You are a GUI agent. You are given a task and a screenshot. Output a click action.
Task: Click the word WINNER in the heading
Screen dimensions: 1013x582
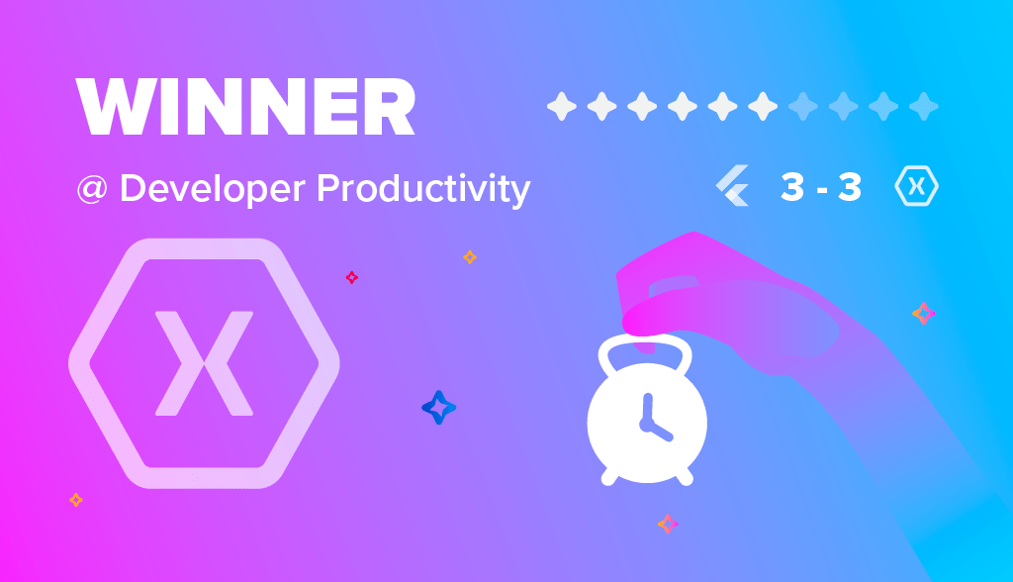(x=245, y=107)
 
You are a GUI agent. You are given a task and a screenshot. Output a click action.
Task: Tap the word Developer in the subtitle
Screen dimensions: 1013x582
(x=213, y=189)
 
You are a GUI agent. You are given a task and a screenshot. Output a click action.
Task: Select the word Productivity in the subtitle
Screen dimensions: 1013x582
(x=423, y=189)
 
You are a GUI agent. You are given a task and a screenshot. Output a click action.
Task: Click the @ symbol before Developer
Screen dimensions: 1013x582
(x=92, y=190)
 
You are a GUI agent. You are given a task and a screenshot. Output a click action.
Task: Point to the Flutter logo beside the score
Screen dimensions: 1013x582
(x=733, y=186)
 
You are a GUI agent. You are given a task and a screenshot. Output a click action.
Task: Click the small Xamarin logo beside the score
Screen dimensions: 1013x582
(x=917, y=186)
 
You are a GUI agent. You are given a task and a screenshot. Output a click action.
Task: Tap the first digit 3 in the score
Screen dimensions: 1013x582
(x=792, y=187)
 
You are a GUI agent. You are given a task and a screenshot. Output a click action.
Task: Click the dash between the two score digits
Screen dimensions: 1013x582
(x=822, y=190)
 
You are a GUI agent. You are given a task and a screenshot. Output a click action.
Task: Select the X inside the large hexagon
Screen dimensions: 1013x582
(x=204, y=363)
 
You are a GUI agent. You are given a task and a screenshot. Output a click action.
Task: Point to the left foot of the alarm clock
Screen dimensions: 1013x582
(x=609, y=478)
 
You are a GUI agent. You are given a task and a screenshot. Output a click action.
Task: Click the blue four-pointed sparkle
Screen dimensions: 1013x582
(x=438, y=408)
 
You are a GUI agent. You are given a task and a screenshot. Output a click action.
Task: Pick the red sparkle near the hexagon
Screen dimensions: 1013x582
(x=351, y=277)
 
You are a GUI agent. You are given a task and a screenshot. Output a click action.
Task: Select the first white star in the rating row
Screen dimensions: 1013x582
(x=562, y=106)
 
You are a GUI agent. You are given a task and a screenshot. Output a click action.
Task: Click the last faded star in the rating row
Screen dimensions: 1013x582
(x=924, y=106)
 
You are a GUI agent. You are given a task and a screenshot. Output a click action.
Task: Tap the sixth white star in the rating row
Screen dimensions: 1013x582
(x=763, y=106)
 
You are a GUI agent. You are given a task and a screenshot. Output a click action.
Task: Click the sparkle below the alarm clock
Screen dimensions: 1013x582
(x=668, y=524)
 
